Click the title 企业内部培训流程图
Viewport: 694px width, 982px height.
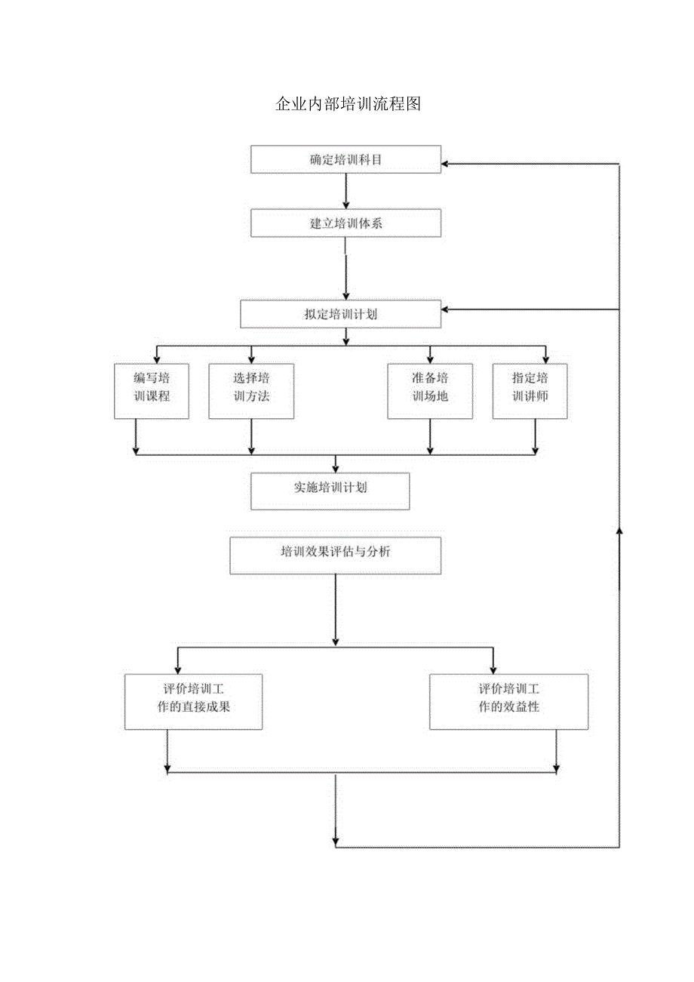point(347,104)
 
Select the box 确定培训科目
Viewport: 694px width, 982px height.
point(345,159)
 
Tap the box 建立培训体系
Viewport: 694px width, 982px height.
point(345,223)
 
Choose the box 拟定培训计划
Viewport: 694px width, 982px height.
point(341,314)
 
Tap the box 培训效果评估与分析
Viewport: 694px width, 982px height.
point(335,555)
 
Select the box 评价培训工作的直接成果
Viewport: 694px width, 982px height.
point(193,701)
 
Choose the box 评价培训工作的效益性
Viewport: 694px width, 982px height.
point(508,701)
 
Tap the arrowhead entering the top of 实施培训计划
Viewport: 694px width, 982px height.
point(336,468)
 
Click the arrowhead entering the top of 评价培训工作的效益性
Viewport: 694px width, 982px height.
point(493,669)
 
